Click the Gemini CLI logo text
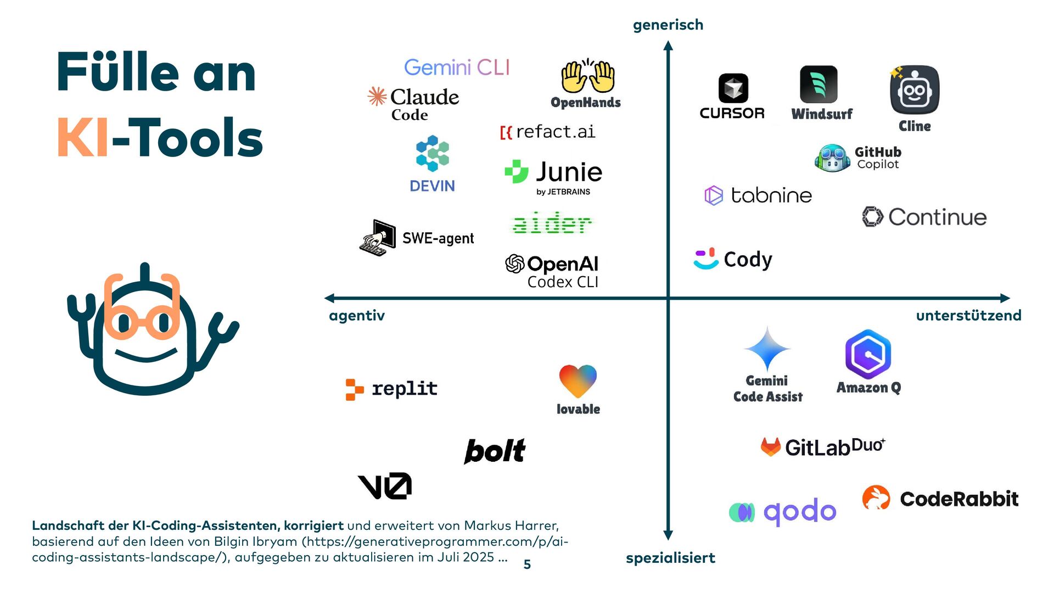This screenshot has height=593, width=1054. (457, 68)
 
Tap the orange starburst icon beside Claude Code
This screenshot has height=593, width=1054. (377, 96)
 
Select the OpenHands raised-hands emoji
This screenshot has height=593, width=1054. (587, 77)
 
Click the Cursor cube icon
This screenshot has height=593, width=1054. (733, 88)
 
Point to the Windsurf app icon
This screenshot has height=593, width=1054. (818, 85)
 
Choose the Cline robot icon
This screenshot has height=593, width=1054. (915, 90)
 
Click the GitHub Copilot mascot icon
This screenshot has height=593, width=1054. (832, 158)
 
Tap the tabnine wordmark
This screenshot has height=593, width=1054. (771, 195)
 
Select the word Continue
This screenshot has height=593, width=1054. (937, 217)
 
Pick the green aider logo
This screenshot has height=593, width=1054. (552, 223)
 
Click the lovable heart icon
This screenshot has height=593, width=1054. (578, 381)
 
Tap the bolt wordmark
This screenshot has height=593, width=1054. (495, 451)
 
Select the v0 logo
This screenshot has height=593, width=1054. (384, 486)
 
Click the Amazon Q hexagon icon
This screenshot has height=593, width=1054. (868, 354)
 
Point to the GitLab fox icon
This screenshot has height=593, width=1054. (771, 447)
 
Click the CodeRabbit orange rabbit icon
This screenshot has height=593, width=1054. (876, 497)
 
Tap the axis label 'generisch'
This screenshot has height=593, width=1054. (668, 25)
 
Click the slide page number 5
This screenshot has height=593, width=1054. (527, 564)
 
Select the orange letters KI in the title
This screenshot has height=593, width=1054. (83, 138)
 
